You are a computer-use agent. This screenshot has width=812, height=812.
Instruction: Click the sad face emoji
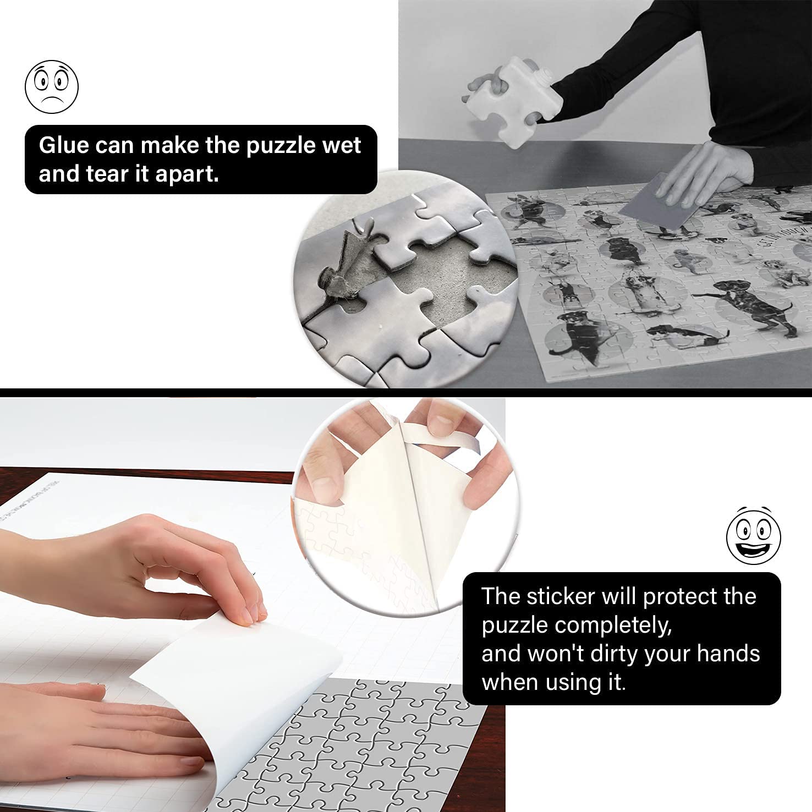[52, 87]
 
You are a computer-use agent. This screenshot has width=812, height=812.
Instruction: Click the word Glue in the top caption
[63, 145]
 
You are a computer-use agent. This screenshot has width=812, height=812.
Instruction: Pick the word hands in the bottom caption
[728, 654]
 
